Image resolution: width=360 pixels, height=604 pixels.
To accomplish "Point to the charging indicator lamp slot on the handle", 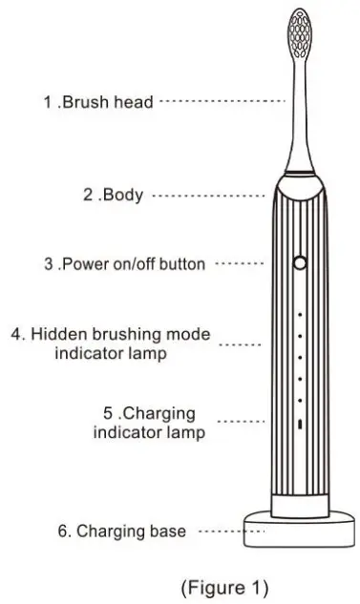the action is tap(299, 424).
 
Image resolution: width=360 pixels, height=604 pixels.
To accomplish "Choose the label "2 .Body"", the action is tap(112, 196).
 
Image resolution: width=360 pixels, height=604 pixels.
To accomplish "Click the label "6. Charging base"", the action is tap(119, 531).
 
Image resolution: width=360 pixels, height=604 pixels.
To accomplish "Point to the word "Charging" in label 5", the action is tap(156, 413).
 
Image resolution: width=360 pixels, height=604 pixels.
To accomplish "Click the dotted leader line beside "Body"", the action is tap(208, 196).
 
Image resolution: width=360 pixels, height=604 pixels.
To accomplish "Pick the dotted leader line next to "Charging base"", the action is tap(220, 531).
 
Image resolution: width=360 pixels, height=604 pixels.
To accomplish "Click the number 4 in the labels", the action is tap(16, 335).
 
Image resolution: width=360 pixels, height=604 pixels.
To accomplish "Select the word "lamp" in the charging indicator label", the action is tap(186, 432).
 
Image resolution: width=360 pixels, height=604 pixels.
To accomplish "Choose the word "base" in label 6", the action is tap(168, 531).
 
